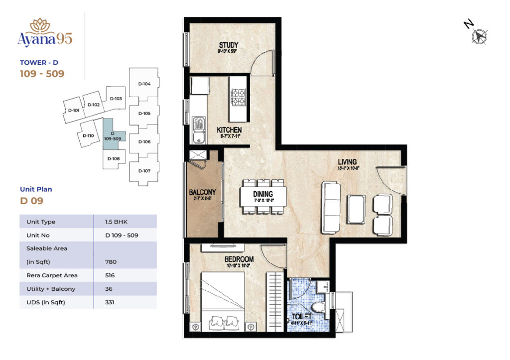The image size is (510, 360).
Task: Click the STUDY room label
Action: (228, 46)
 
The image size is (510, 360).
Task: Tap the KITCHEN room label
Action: (229, 130)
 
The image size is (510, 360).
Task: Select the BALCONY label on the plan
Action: (202, 192)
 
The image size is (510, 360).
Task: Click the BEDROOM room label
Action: (239, 259)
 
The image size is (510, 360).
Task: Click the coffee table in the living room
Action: (356, 209)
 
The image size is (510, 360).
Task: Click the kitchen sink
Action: (199, 127)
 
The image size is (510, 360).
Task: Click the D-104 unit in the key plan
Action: (144, 84)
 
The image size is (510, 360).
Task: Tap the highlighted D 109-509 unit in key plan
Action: (113, 136)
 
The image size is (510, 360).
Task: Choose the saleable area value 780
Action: (111, 261)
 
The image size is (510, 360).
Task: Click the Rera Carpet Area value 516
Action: (111, 275)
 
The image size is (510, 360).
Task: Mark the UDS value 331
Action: (111, 302)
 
